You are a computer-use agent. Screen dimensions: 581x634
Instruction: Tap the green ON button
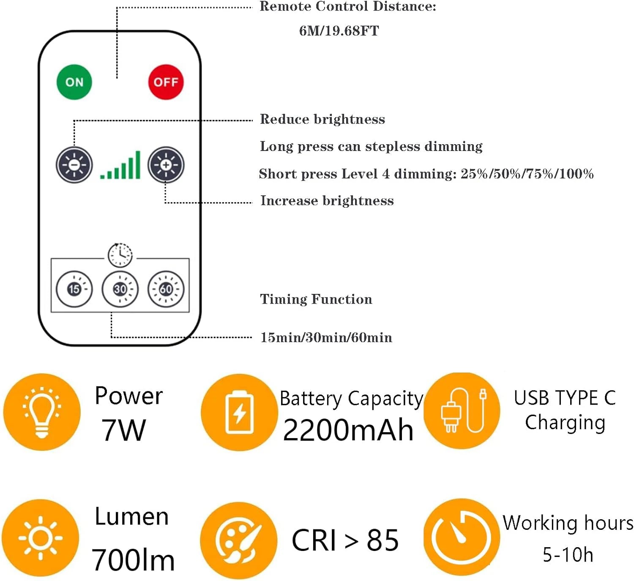[x=74, y=82]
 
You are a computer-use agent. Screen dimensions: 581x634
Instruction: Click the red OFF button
[x=166, y=82]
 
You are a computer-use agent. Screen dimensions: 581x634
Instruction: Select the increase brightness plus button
[x=166, y=165]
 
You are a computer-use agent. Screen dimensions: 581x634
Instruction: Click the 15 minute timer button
[x=74, y=289]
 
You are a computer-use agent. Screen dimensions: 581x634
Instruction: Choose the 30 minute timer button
[x=120, y=289]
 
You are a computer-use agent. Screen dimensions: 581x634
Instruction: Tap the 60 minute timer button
[x=166, y=289]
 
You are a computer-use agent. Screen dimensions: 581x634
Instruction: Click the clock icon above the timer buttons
[x=120, y=255]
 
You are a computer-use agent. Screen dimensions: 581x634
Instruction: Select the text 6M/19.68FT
[x=339, y=31]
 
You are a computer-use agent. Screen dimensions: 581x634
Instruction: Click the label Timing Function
[x=316, y=299]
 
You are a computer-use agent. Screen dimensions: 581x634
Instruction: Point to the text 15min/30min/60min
[x=326, y=337]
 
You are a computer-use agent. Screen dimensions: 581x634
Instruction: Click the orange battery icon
[x=239, y=412]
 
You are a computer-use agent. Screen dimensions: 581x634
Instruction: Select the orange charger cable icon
[x=462, y=411]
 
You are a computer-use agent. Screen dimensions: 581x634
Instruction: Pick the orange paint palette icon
[x=239, y=540]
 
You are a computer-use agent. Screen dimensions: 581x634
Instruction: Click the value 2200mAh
[x=348, y=430]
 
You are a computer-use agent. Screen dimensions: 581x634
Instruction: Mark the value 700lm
[x=133, y=560]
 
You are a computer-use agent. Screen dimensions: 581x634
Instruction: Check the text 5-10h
[x=568, y=554]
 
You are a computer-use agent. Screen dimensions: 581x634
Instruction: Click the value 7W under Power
[x=123, y=430]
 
